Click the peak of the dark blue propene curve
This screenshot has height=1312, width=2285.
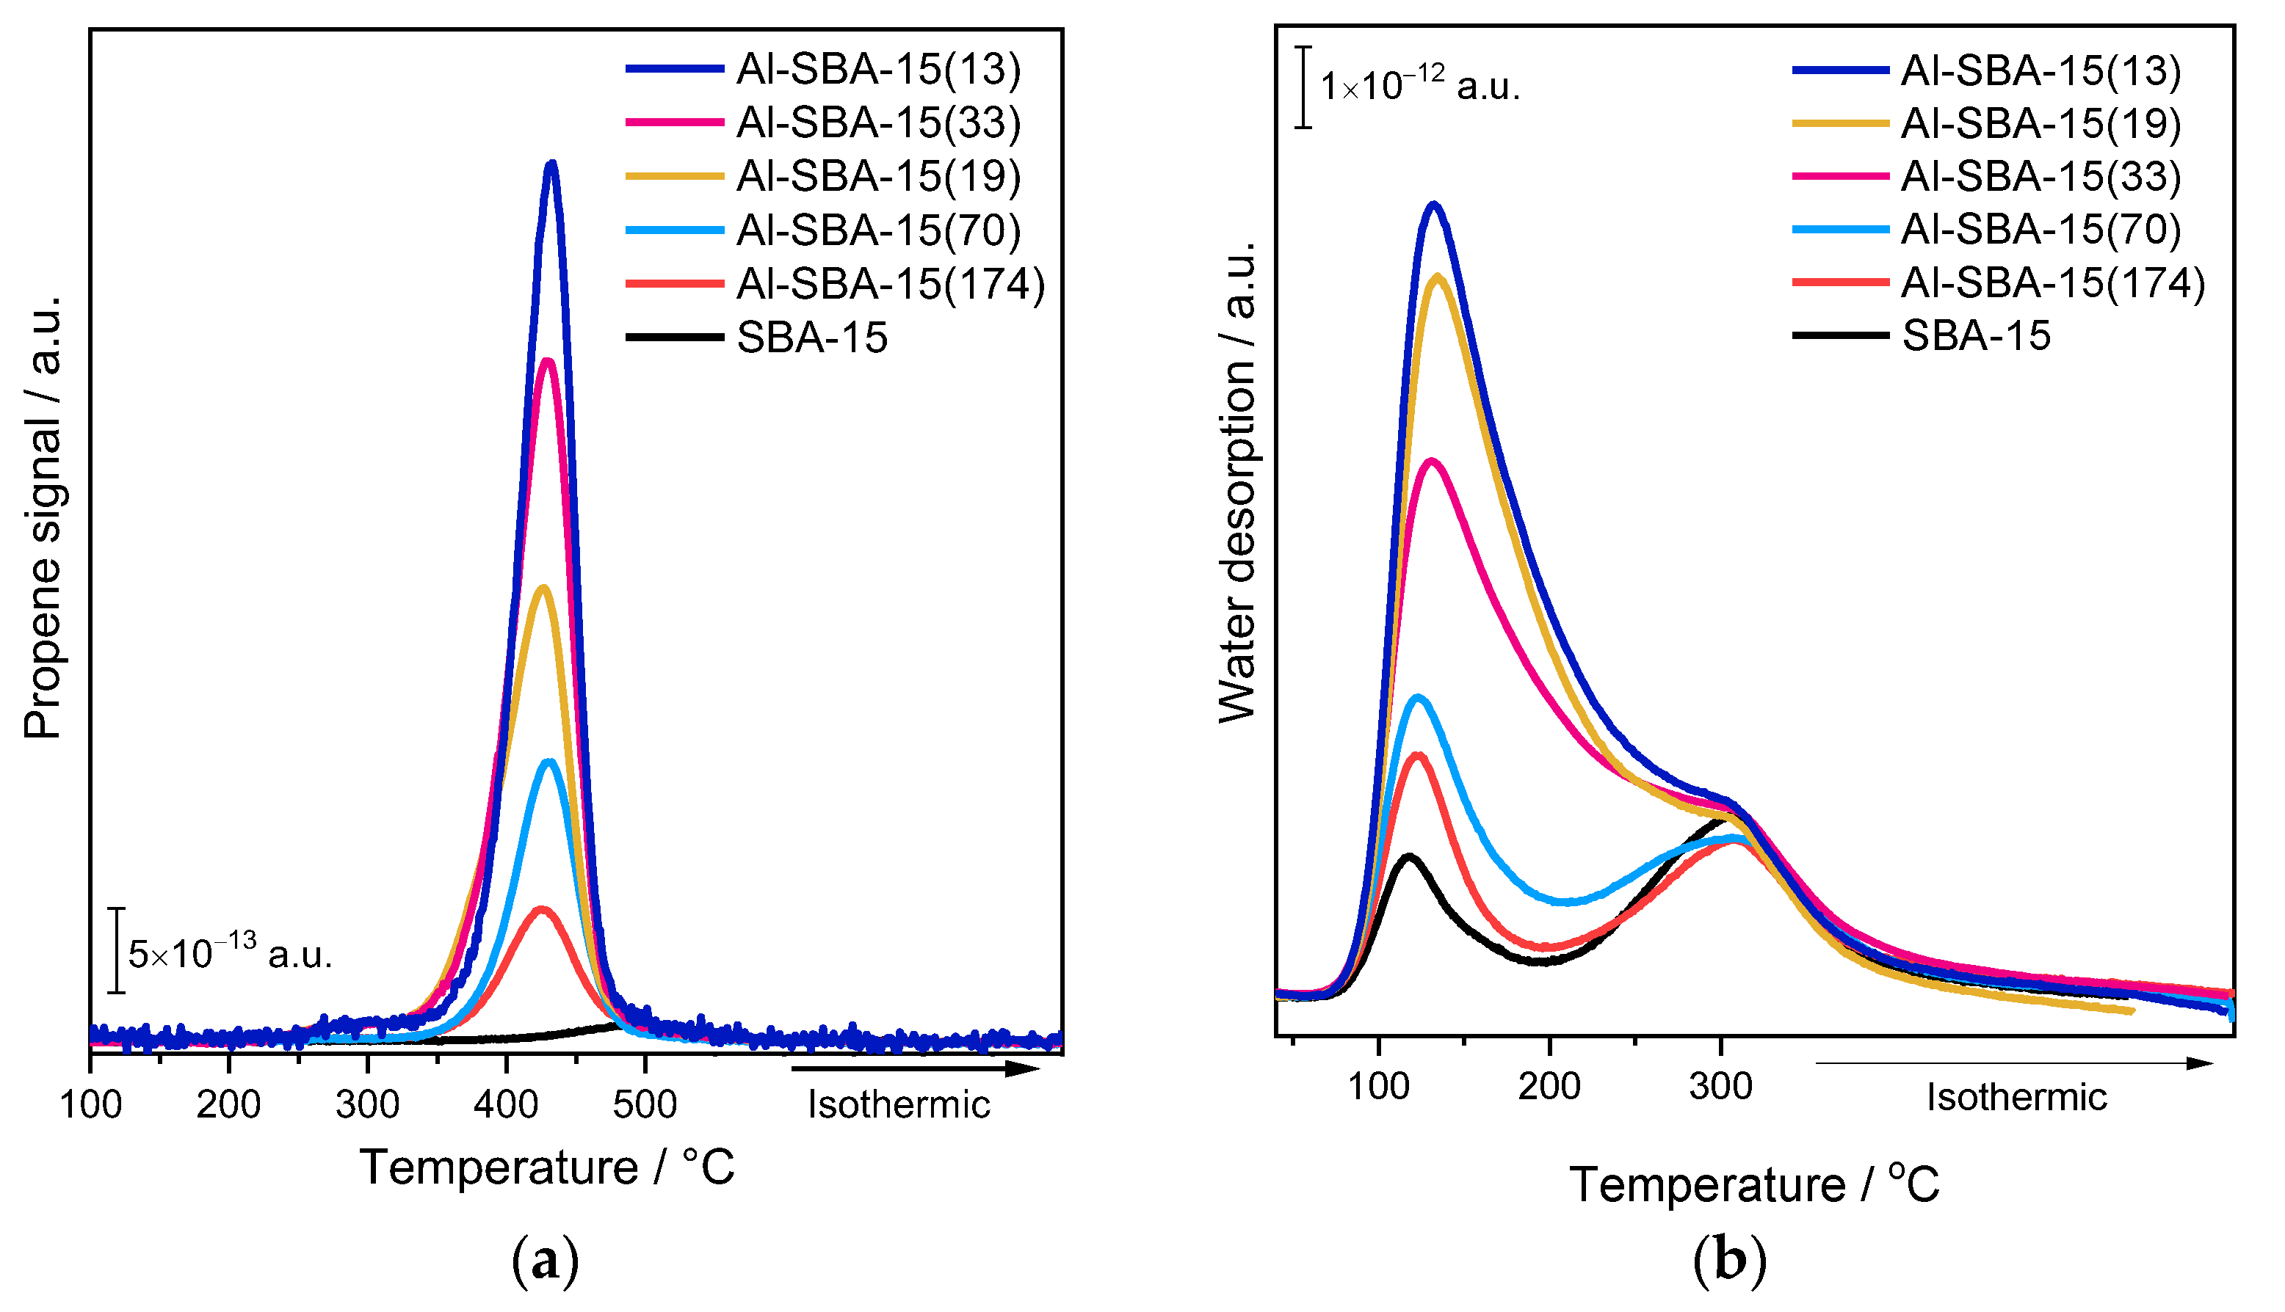[x=551, y=165]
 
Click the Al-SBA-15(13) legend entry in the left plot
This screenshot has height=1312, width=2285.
[x=878, y=70]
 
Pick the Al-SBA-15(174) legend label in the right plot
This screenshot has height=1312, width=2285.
[x=2052, y=283]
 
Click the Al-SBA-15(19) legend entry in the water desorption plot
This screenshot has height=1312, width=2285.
[x=2040, y=123]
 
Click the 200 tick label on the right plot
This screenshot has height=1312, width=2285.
[x=1549, y=1087]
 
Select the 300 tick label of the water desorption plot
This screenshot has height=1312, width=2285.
[x=1721, y=1087]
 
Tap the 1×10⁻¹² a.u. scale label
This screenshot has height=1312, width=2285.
[x=1419, y=87]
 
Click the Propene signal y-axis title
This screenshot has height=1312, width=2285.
[x=43, y=518]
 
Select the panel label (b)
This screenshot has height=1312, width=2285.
[x=1729, y=1260]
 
